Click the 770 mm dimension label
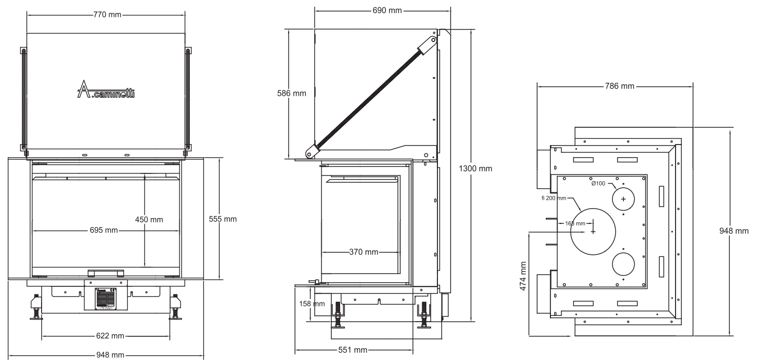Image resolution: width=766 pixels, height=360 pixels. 107,15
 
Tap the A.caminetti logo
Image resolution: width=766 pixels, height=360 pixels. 106,89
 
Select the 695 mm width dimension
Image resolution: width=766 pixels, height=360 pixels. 104,230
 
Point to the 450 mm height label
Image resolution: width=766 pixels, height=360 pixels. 149,220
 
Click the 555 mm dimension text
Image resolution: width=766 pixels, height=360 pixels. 222,219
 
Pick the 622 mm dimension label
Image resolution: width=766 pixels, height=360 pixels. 110,336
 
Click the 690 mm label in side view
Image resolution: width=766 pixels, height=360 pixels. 387,11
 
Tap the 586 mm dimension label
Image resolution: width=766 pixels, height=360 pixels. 292,94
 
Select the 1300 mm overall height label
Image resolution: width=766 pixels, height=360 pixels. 475,169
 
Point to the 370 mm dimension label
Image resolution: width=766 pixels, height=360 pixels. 363,252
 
